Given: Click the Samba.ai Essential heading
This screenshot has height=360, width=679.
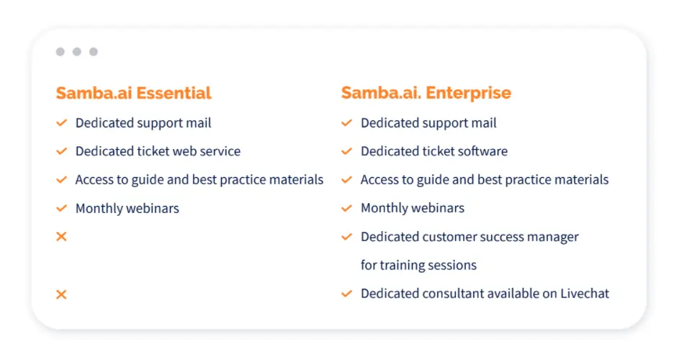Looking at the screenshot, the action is [133, 93].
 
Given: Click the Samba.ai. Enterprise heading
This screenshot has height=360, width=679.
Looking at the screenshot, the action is [426, 93].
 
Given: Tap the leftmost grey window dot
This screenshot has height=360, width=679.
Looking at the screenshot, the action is [60, 52].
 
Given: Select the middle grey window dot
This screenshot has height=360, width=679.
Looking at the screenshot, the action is [76, 52].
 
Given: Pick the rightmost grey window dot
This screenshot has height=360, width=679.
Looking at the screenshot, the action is [94, 52].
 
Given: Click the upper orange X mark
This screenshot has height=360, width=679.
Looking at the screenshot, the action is [61, 237].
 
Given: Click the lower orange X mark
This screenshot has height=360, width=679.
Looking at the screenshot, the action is [61, 294].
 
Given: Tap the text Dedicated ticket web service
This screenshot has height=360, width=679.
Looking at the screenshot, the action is [158, 151].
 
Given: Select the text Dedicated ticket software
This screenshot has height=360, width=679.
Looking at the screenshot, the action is [434, 151].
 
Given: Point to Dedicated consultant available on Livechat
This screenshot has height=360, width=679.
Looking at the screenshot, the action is [485, 293].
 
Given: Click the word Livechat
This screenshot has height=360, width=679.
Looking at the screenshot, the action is [585, 293].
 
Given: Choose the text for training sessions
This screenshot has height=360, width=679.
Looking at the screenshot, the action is [419, 265].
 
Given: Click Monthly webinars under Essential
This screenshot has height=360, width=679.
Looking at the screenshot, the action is [127, 208].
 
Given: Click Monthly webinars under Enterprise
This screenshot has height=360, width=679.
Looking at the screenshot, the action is [413, 208].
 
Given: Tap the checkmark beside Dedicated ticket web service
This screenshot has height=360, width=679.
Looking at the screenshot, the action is [61, 151].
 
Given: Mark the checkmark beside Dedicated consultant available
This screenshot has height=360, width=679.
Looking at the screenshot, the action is [347, 294].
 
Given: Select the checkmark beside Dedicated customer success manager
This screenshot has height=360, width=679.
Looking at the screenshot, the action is [347, 237].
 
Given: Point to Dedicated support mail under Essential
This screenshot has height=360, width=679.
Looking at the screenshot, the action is [143, 123].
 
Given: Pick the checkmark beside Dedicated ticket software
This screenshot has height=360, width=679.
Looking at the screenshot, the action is [347, 151].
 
